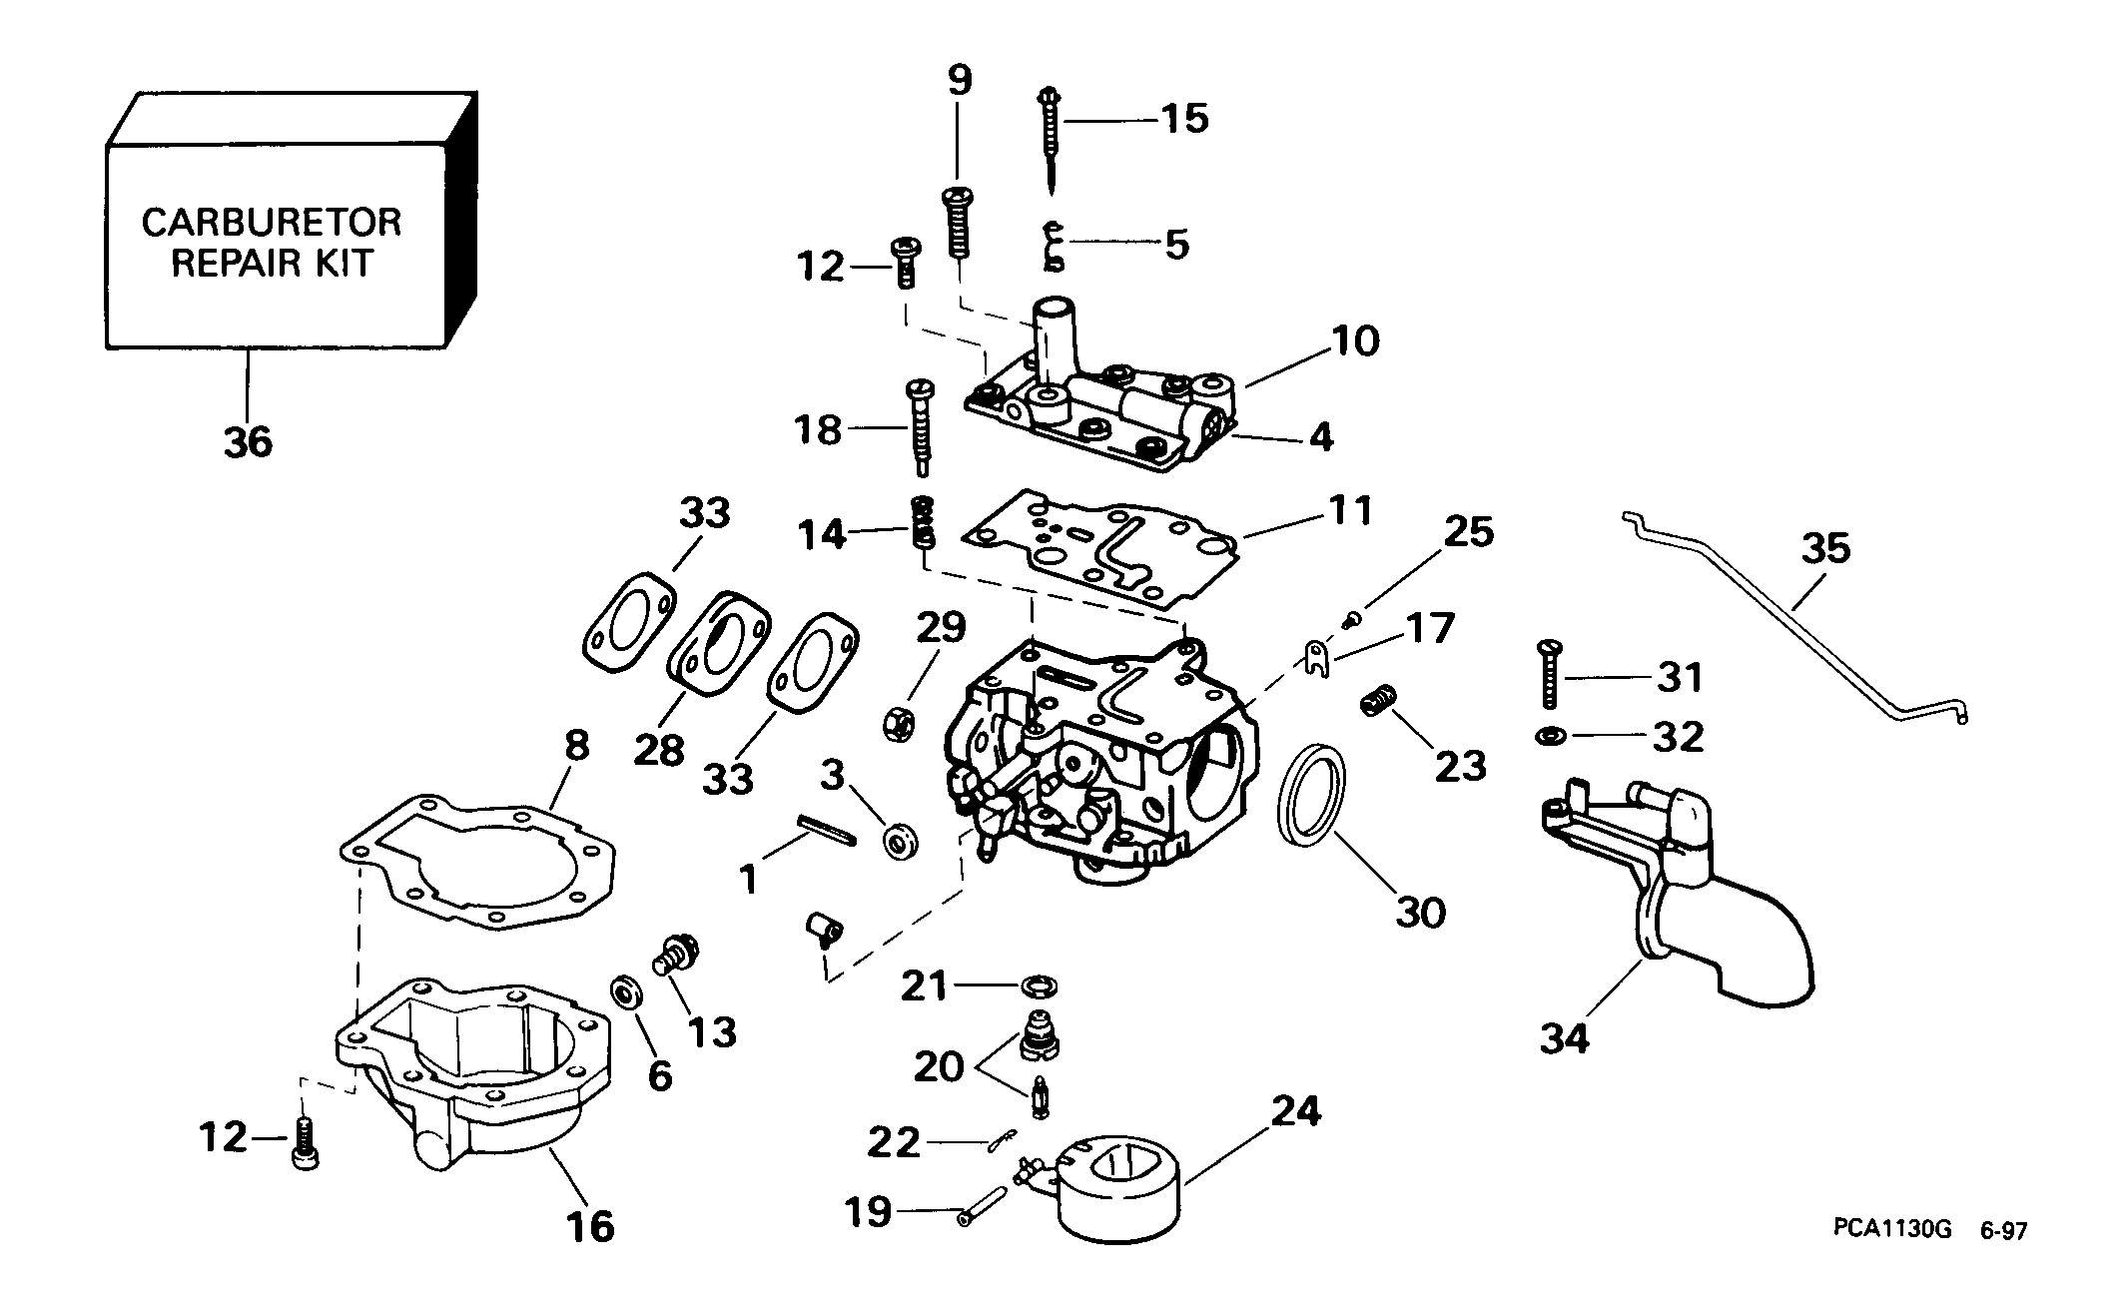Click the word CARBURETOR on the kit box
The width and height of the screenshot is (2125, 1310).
click(x=272, y=222)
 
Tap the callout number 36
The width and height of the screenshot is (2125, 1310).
click(x=248, y=441)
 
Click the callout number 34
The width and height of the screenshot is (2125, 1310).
click(x=1564, y=1039)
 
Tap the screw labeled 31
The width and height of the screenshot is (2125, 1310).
click(x=1548, y=676)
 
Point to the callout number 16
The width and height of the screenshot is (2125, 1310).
click(x=590, y=1224)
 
